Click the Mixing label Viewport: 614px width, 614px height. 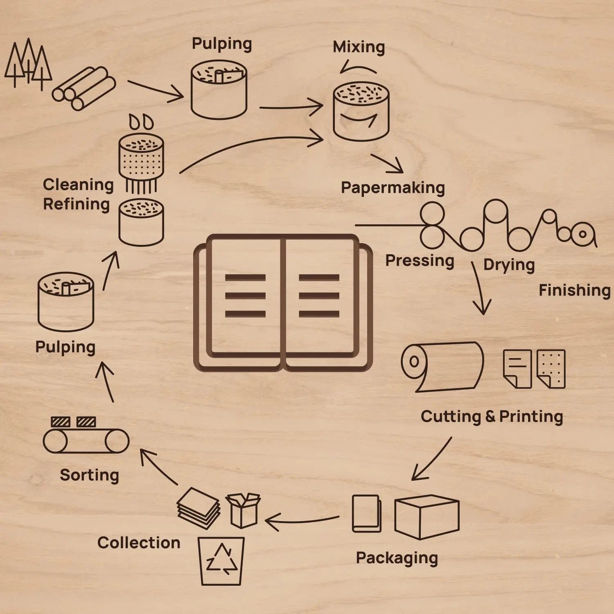click(359, 47)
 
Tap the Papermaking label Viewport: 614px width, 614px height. click(393, 188)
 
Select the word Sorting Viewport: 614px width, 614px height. click(89, 475)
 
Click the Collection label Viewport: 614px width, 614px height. click(139, 543)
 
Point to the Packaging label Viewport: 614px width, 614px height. click(397, 558)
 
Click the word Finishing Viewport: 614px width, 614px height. click(574, 290)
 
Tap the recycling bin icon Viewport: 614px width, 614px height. click(221, 561)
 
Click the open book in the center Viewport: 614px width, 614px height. click(283, 303)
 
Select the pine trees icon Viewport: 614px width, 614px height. click(28, 63)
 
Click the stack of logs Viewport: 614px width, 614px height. click(84, 88)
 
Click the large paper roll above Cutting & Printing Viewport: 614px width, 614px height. click(442, 366)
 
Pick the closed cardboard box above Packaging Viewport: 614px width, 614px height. click(427, 517)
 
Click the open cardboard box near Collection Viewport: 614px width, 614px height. click(244, 510)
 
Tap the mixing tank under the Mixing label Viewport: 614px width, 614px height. click(361, 111)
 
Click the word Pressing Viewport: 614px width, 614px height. click(420, 261)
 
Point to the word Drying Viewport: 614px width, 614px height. click(509, 265)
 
